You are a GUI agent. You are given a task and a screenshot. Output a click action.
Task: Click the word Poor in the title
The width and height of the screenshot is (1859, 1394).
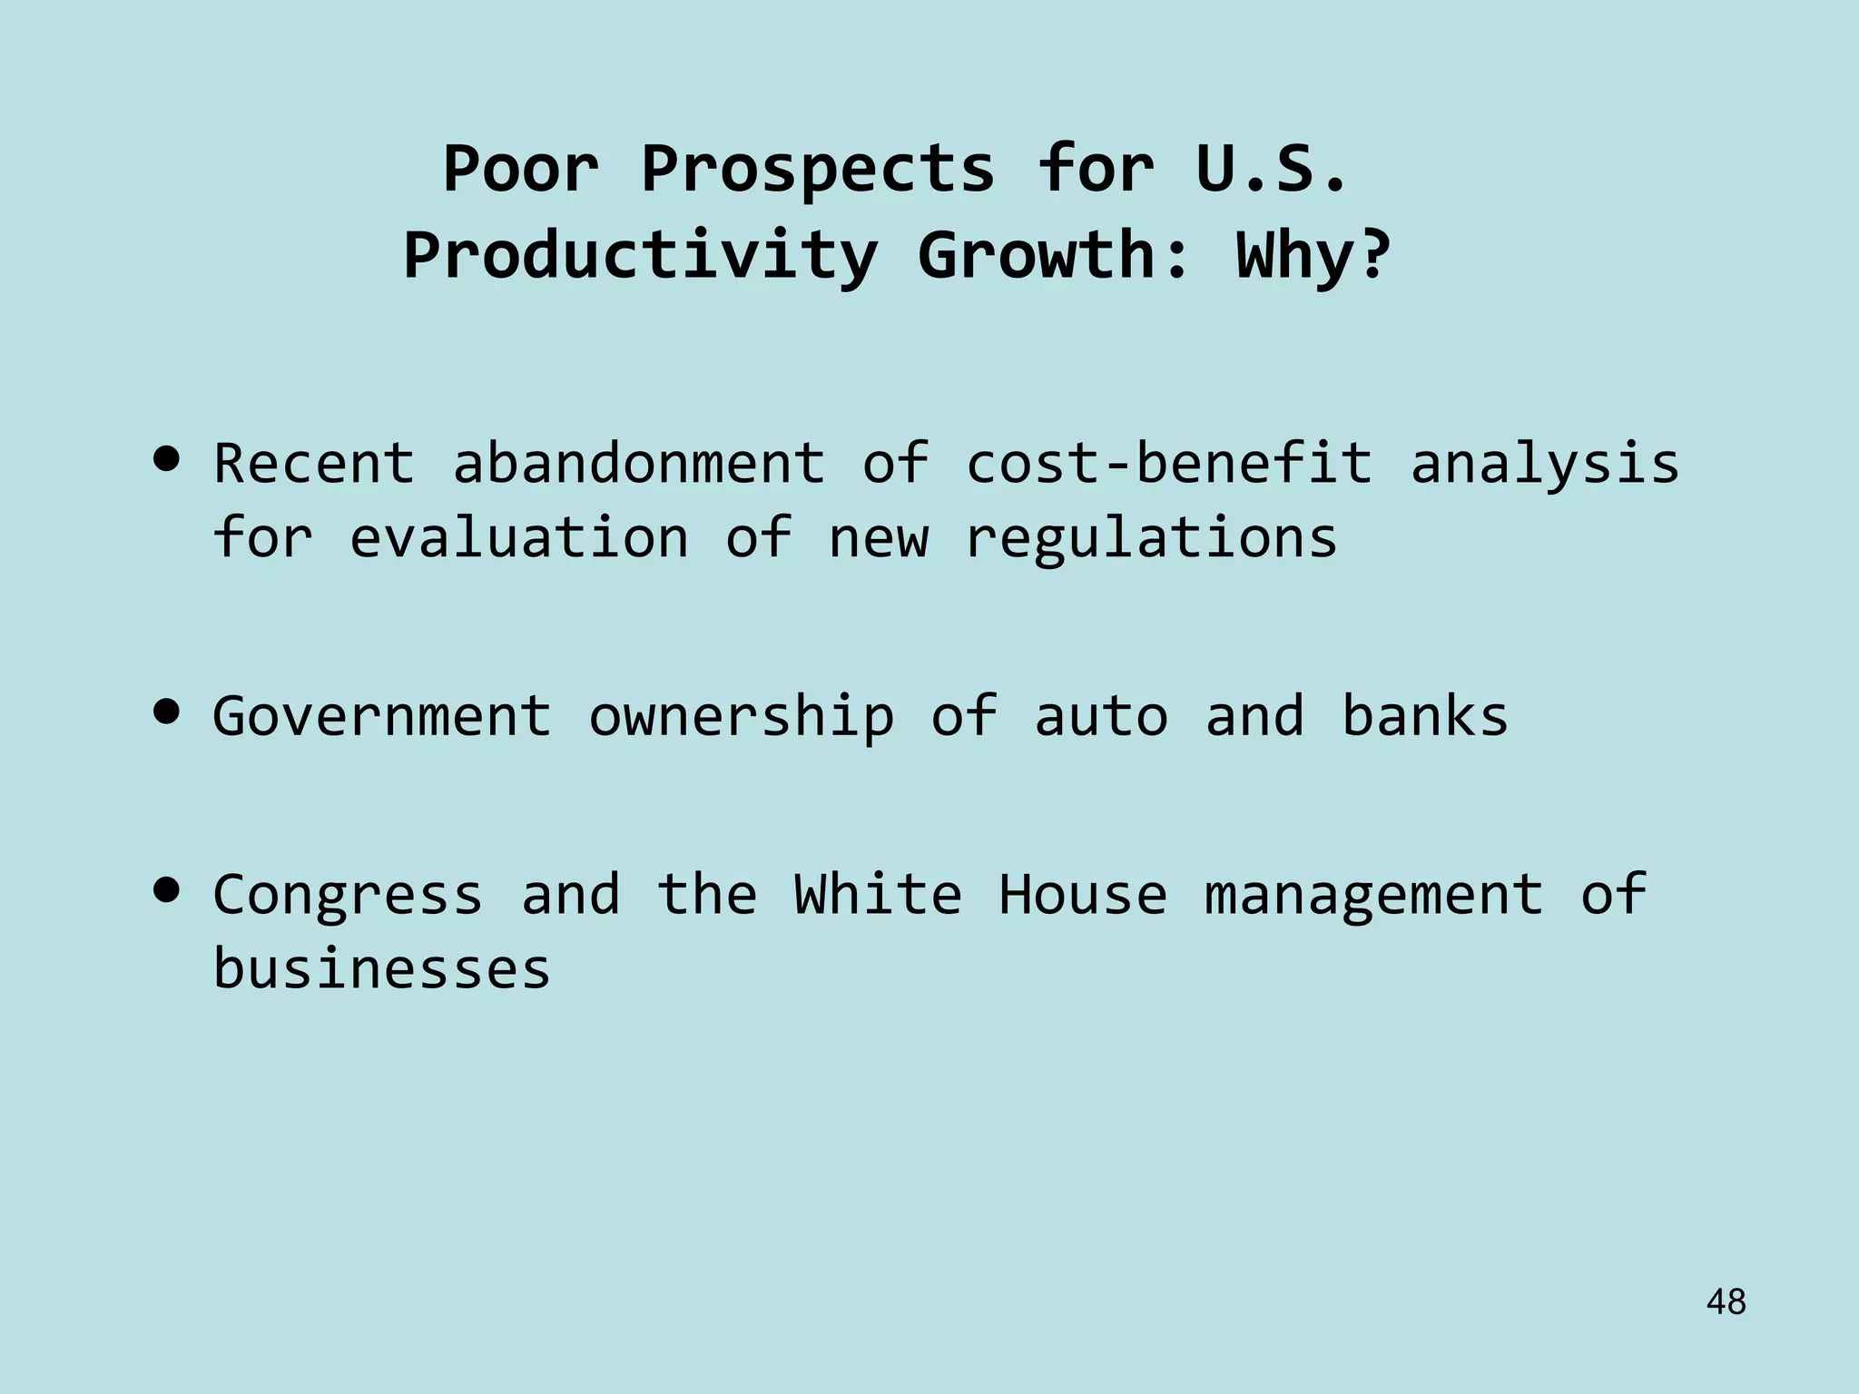520,169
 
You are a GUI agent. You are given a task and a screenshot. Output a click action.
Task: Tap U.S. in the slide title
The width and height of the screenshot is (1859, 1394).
1271,169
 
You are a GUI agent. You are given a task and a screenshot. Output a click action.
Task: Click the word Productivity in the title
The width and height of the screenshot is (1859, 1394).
641,256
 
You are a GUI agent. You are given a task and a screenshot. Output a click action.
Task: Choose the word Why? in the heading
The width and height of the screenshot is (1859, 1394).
1313,256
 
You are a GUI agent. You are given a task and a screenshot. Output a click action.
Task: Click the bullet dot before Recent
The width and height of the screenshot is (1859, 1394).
166,460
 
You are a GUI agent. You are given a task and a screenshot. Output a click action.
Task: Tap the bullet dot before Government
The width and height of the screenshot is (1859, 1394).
166,712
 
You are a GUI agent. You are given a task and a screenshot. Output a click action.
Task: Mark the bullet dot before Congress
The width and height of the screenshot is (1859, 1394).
166,891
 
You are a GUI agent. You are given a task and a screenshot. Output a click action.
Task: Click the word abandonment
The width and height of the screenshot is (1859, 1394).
639,462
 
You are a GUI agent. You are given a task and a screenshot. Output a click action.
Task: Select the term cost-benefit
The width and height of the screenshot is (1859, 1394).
1169,462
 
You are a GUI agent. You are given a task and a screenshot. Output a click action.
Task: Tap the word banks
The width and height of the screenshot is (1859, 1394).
1425,715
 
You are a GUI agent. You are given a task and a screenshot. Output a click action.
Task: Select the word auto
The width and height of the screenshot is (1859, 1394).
1101,715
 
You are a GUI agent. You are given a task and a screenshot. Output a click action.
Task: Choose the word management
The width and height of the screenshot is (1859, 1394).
1373,896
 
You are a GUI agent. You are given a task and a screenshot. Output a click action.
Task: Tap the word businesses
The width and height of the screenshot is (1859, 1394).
382,967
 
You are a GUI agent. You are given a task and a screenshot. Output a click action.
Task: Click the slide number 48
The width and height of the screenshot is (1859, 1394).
1726,1302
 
